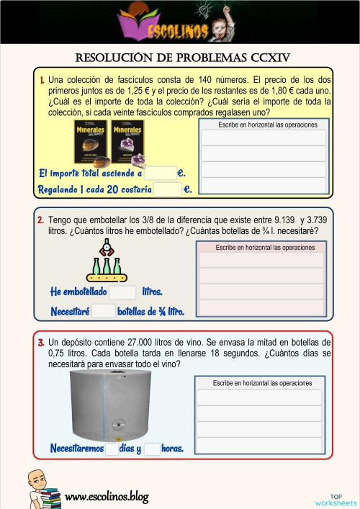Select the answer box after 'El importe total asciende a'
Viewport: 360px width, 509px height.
click(x=160, y=174)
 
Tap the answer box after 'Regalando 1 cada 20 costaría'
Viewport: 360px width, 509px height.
click(x=168, y=189)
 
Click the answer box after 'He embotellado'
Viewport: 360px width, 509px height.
click(x=122, y=292)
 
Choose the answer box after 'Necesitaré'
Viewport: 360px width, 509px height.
click(x=104, y=311)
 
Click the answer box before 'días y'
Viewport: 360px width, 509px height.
click(x=112, y=449)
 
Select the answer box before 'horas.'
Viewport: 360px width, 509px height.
click(x=151, y=449)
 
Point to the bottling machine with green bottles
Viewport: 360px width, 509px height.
click(x=106, y=262)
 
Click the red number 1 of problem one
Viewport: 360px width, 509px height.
click(x=42, y=80)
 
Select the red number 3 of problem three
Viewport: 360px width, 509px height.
click(x=41, y=342)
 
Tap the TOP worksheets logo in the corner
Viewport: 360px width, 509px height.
click(x=336, y=499)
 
